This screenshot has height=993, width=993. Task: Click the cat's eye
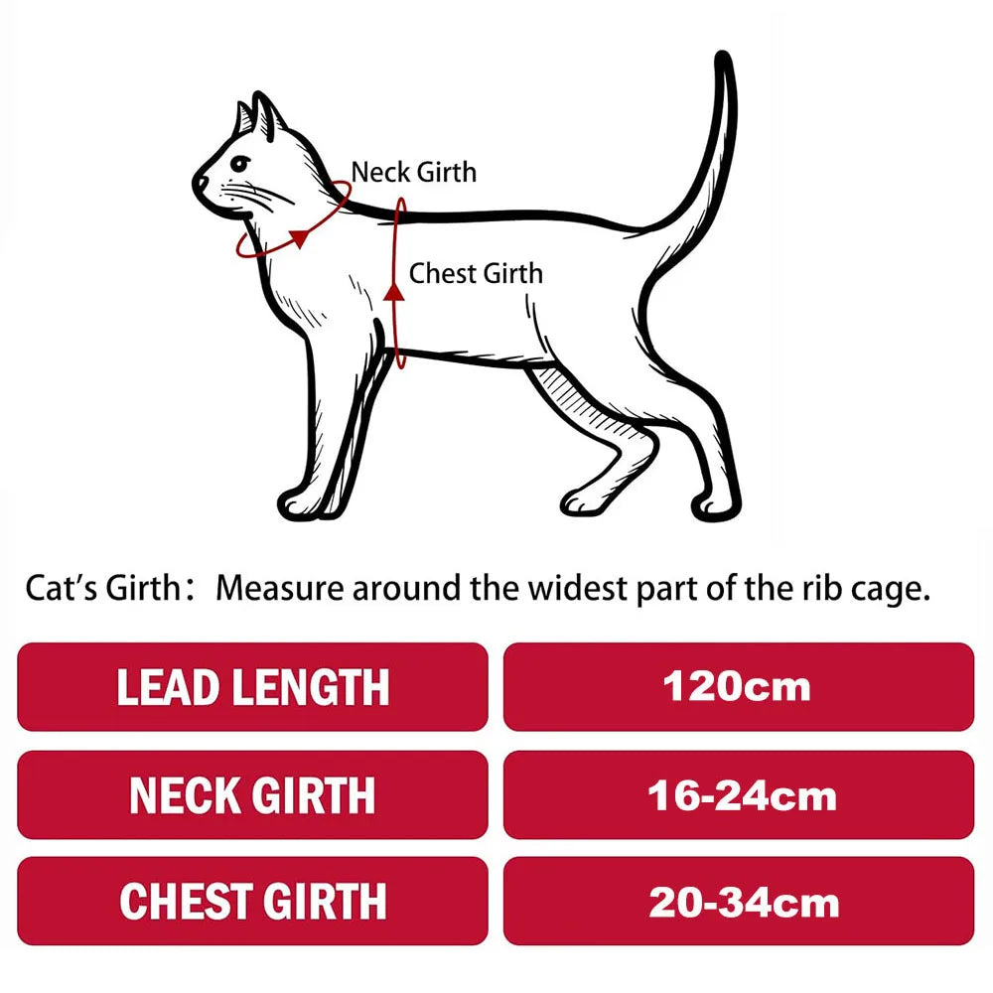(x=240, y=164)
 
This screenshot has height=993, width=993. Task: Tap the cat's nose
(x=200, y=183)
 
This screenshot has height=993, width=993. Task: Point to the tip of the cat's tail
(x=723, y=56)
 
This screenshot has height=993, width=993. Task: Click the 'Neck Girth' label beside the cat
(x=413, y=172)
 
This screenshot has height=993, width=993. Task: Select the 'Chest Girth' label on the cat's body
(x=476, y=274)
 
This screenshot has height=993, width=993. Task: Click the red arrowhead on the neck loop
(x=298, y=237)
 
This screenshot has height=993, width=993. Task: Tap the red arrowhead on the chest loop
(x=394, y=291)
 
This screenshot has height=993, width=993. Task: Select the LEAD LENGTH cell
(x=252, y=687)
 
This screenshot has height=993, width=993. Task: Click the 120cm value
(x=737, y=687)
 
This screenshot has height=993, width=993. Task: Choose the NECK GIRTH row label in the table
(x=252, y=795)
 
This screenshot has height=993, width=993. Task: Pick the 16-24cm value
(x=742, y=796)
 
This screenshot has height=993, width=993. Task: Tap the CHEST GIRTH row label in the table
(x=252, y=902)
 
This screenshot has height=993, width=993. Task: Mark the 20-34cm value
(x=744, y=903)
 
